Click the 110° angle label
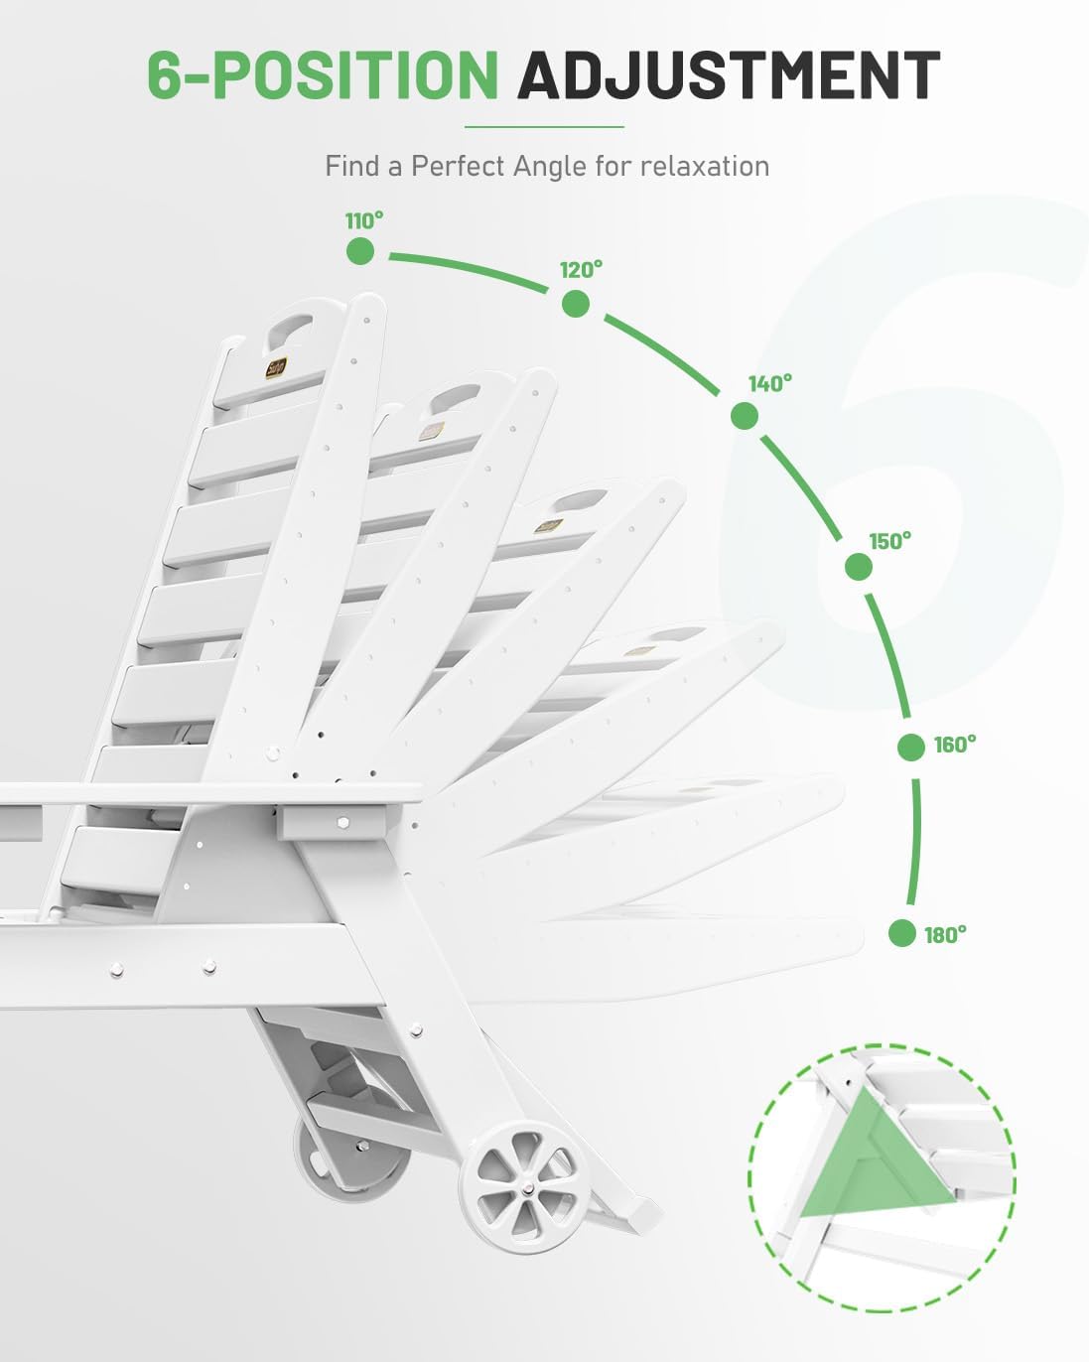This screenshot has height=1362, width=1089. click(364, 221)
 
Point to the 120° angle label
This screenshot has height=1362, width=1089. click(581, 270)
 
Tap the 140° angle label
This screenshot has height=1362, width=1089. click(770, 383)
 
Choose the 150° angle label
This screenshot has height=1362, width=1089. click(890, 542)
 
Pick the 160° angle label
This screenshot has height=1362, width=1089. click(955, 746)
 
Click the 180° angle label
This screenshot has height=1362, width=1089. click(945, 935)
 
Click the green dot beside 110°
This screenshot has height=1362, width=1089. click(360, 251)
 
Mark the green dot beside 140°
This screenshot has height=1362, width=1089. click(744, 417)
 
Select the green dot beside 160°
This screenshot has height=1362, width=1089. click(911, 748)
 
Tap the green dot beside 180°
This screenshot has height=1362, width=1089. click(901, 933)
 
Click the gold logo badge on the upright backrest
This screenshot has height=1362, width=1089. click(277, 367)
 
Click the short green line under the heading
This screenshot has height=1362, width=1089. click(544, 127)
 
